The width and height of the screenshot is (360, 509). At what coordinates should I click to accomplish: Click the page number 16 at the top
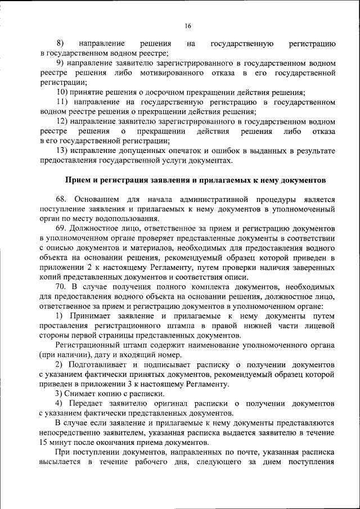(188, 25)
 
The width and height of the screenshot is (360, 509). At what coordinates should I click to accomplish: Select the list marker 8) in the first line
(60, 43)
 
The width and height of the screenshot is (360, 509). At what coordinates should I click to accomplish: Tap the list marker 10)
(64, 92)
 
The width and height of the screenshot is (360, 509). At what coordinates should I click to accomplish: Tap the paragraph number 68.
(62, 199)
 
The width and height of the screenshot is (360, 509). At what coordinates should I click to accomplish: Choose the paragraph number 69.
(62, 228)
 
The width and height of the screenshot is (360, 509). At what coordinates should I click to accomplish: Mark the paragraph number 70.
(62, 286)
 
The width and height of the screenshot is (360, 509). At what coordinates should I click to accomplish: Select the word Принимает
(92, 316)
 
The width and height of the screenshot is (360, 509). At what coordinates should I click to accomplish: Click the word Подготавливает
(102, 364)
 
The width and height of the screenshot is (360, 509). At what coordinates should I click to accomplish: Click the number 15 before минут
(44, 442)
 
